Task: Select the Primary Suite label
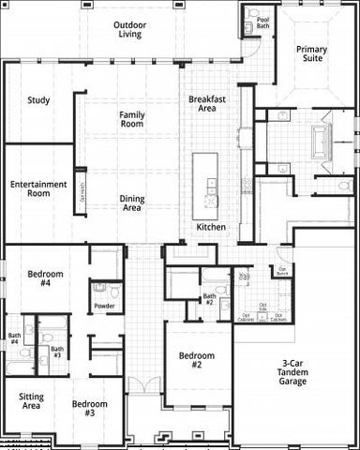click(311, 53)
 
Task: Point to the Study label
click(38, 100)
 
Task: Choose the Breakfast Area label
click(208, 103)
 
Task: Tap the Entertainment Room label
click(38, 189)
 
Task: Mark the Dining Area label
click(131, 202)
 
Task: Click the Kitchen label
click(211, 228)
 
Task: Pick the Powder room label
click(104, 306)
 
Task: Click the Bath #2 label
click(210, 300)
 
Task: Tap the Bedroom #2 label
click(197, 360)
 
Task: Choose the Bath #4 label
click(14, 338)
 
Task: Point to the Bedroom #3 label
click(90, 408)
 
